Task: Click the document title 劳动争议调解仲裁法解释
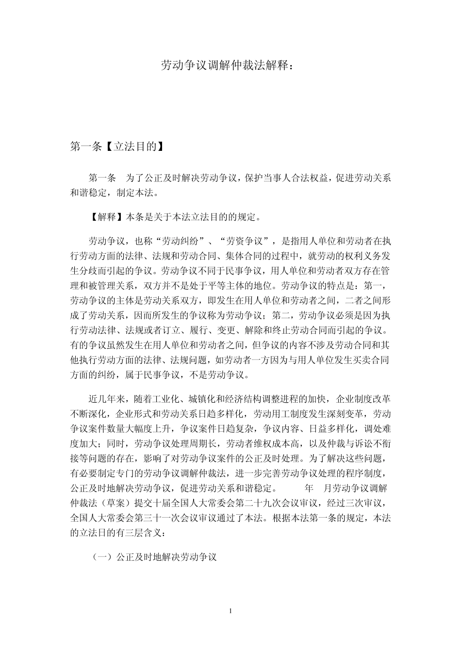coord(227,65)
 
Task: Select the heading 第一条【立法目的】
coord(116,146)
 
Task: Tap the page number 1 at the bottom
coord(230,611)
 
